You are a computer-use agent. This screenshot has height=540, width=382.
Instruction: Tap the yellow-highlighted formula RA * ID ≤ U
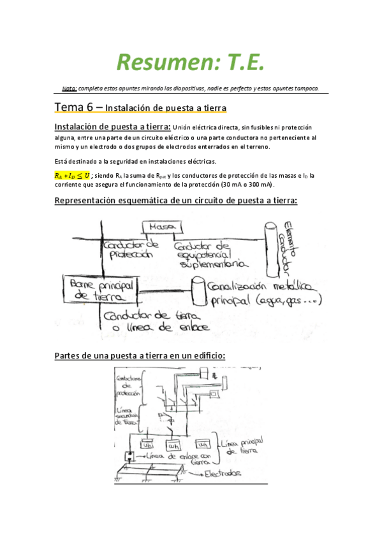tap(72, 175)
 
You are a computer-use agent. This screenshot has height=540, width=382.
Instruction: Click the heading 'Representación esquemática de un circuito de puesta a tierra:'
tap(177, 201)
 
